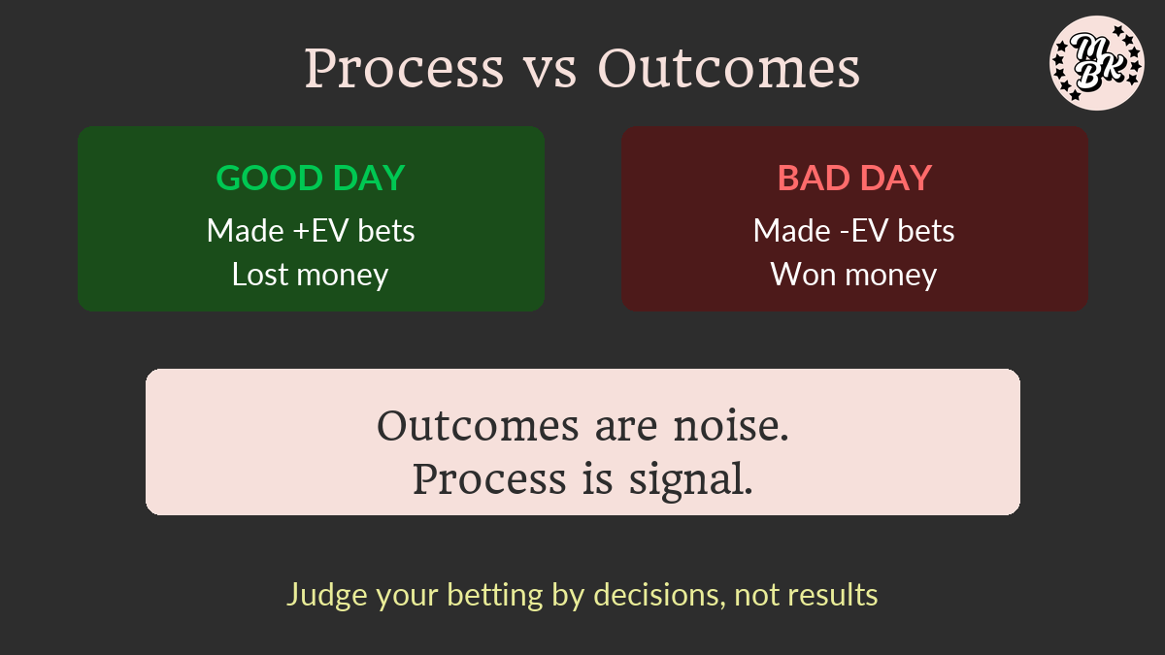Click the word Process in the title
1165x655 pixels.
404,69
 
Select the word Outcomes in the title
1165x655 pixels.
729,69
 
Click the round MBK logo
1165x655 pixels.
1097,63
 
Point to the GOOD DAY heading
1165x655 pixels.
311,178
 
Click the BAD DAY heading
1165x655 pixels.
854,178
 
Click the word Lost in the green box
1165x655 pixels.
259,274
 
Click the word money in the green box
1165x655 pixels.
342,276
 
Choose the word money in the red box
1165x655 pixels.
891,276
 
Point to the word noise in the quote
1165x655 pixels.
731,426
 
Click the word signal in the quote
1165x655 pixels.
690,481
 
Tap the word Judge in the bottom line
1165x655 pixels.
327,595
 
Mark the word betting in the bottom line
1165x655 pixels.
494,596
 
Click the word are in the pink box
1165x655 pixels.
626,428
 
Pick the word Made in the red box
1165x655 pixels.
791,230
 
